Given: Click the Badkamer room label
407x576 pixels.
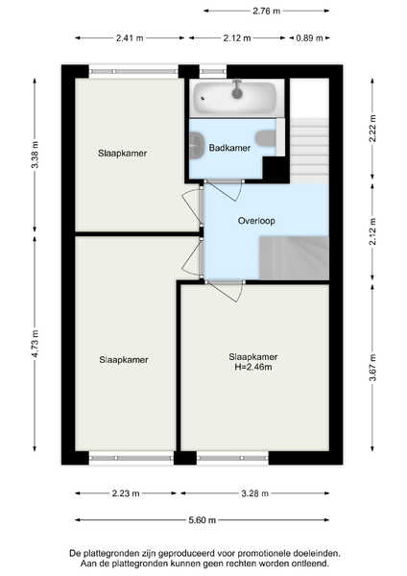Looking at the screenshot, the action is coord(229,148).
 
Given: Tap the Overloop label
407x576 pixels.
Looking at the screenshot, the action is coord(256,221).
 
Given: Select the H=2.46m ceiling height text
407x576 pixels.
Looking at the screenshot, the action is coord(253,367).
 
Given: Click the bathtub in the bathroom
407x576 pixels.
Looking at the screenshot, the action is coord(235,98).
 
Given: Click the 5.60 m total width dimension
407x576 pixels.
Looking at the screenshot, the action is coord(202,520).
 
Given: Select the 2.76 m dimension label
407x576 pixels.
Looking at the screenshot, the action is coord(266,11).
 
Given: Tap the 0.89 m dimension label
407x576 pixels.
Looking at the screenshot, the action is coord(309,37).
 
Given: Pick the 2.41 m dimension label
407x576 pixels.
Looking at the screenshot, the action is coord(130,37).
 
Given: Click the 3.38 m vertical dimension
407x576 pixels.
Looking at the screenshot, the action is coord(35,155).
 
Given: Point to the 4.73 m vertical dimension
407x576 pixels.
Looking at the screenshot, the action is coord(35,344).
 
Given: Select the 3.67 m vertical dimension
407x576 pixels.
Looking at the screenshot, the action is coord(372,368).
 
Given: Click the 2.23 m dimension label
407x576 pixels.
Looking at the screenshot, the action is coord(126,493).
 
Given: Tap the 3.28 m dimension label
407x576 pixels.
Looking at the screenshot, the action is coord(255,493).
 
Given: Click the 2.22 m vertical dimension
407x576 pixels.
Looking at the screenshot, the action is coord(372,129).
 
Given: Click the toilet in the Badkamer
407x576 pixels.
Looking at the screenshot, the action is coord(266,138).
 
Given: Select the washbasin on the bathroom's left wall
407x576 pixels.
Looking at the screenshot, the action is coord(197,145).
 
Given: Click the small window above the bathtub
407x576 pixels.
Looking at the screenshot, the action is coord(213,71).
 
